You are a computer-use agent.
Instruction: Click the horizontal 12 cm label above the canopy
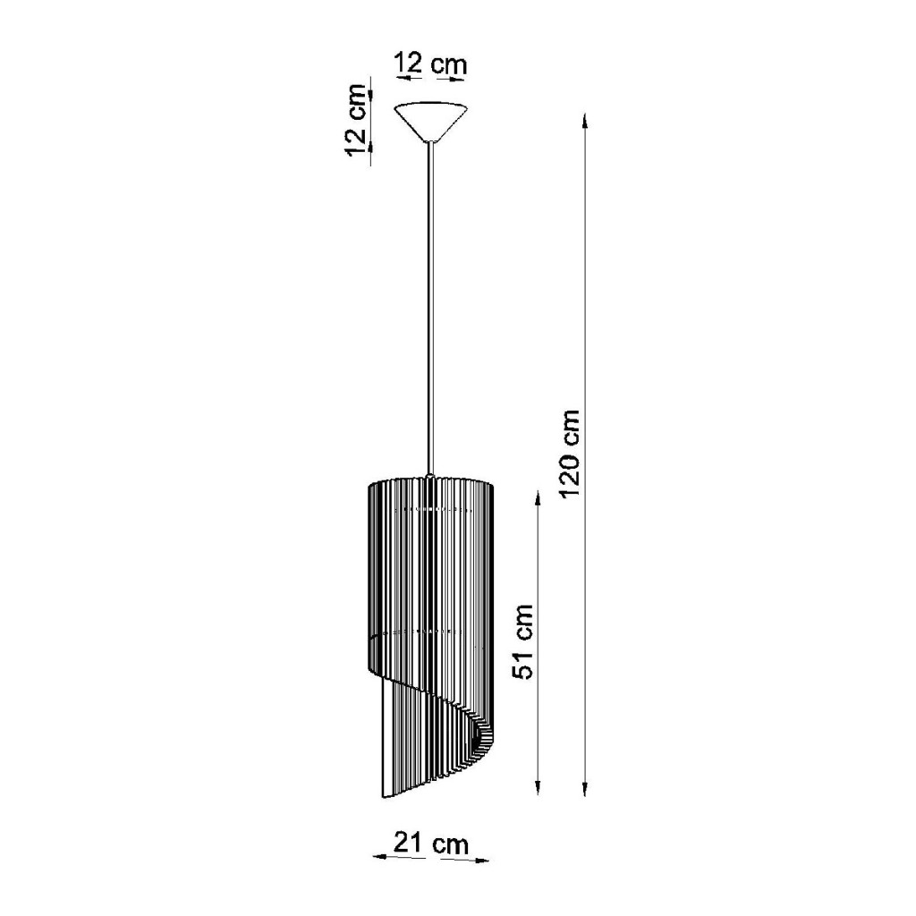(x=431, y=63)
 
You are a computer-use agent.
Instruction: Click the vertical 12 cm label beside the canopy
(x=356, y=121)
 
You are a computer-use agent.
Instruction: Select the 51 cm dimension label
(x=522, y=641)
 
